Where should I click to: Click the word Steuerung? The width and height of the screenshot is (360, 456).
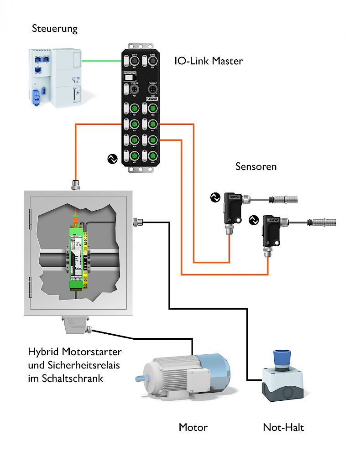[x=55, y=29]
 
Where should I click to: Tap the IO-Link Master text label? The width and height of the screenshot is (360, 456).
[x=209, y=61]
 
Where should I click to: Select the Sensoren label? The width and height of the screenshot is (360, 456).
[x=256, y=166]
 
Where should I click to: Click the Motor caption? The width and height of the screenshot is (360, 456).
[x=193, y=428]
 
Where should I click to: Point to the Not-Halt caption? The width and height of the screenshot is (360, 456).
[x=283, y=428]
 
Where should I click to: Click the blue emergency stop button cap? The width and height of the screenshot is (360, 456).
[x=282, y=356]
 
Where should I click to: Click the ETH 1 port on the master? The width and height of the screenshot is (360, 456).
[x=134, y=61]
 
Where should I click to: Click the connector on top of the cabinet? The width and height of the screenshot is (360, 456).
[x=75, y=185]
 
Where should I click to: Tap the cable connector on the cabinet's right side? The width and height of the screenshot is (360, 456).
[x=136, y=222]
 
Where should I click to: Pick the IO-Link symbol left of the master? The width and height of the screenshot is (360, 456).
[x=111, y=159]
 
